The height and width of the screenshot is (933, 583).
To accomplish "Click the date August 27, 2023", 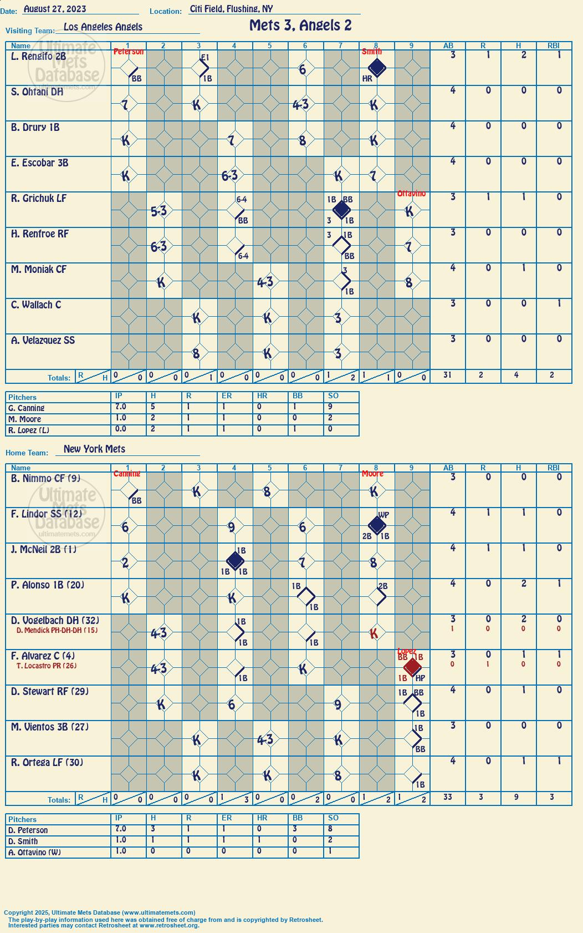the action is point(55,9).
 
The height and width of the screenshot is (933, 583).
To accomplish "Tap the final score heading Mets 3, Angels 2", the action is point(300,26).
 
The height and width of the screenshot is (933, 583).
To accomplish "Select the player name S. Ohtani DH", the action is point(37,92).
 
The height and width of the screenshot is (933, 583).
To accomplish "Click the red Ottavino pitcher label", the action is point(411,194).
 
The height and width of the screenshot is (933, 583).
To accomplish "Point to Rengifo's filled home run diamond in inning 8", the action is point(377,68).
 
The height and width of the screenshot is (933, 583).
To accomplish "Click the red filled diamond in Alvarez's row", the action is point(412,667).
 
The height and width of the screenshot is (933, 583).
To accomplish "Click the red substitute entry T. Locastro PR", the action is point(47,666).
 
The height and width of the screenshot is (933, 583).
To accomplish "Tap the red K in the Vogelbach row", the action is point(374,633).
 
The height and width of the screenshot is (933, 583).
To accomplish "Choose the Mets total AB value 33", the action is point(448,797).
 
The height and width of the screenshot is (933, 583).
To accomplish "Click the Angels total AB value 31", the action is point(447,375).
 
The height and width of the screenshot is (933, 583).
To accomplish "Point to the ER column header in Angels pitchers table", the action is point(227,395).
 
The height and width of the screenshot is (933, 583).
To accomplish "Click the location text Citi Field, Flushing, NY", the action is point(231,9).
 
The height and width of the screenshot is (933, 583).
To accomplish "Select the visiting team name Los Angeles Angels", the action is point(103,27).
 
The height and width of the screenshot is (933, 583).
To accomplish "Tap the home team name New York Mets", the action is point(94,449).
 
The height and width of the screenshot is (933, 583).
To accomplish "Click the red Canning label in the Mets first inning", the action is point(127,474).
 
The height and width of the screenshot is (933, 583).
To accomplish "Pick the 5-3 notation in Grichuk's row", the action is point(158,211).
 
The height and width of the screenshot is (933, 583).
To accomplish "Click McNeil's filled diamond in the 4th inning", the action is point(235,561).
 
